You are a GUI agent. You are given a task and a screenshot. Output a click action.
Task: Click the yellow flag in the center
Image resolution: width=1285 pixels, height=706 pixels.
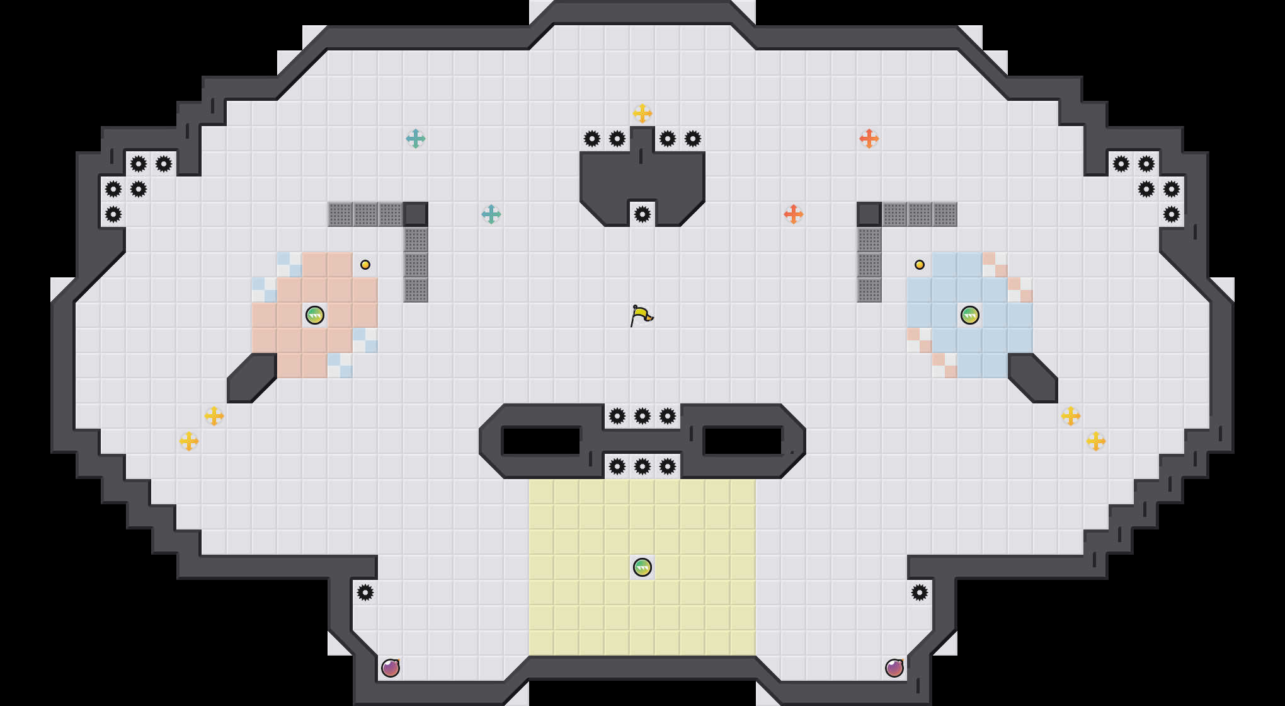641,315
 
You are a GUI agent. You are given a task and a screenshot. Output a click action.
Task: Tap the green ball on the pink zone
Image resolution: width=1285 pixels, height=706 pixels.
315,315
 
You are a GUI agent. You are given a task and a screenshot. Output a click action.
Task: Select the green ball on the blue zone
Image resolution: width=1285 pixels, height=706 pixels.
970,315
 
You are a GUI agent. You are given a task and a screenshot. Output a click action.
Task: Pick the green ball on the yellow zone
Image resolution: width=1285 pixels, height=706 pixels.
642,567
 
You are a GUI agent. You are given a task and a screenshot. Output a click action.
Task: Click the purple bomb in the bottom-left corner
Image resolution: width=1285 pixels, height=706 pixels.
391,668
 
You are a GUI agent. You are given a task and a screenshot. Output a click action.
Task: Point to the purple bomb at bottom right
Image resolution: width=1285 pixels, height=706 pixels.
894,668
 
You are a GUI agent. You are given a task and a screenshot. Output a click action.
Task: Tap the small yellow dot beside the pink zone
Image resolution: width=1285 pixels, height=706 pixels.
365,265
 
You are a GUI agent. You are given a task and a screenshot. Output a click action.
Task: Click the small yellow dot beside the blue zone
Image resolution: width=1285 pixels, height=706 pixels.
920,265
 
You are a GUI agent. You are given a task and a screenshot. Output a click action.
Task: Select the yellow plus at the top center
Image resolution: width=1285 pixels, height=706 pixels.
642,113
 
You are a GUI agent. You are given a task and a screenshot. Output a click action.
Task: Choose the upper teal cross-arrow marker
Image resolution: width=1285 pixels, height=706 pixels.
416,139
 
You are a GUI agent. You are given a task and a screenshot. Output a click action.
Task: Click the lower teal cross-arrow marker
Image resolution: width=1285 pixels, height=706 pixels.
491,214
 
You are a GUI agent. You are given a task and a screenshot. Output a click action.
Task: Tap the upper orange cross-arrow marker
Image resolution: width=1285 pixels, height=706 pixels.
869,139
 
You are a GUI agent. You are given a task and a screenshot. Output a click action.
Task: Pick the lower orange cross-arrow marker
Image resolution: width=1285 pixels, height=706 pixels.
794,214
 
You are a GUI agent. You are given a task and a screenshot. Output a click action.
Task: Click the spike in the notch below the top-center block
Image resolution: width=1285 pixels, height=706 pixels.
642,214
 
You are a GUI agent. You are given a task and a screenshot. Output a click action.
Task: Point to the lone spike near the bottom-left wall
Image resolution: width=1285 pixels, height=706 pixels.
365,593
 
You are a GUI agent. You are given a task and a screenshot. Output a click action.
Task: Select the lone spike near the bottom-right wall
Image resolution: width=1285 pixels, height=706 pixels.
920,593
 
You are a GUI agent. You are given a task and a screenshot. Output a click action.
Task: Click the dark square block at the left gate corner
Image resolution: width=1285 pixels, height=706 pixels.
416,214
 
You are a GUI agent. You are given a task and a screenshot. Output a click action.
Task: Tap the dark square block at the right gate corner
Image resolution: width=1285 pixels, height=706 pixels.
869,214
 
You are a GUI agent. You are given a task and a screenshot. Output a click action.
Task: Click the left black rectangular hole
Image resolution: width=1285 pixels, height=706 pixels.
541,441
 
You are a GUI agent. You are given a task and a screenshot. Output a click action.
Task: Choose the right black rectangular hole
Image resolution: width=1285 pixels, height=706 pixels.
743,441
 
